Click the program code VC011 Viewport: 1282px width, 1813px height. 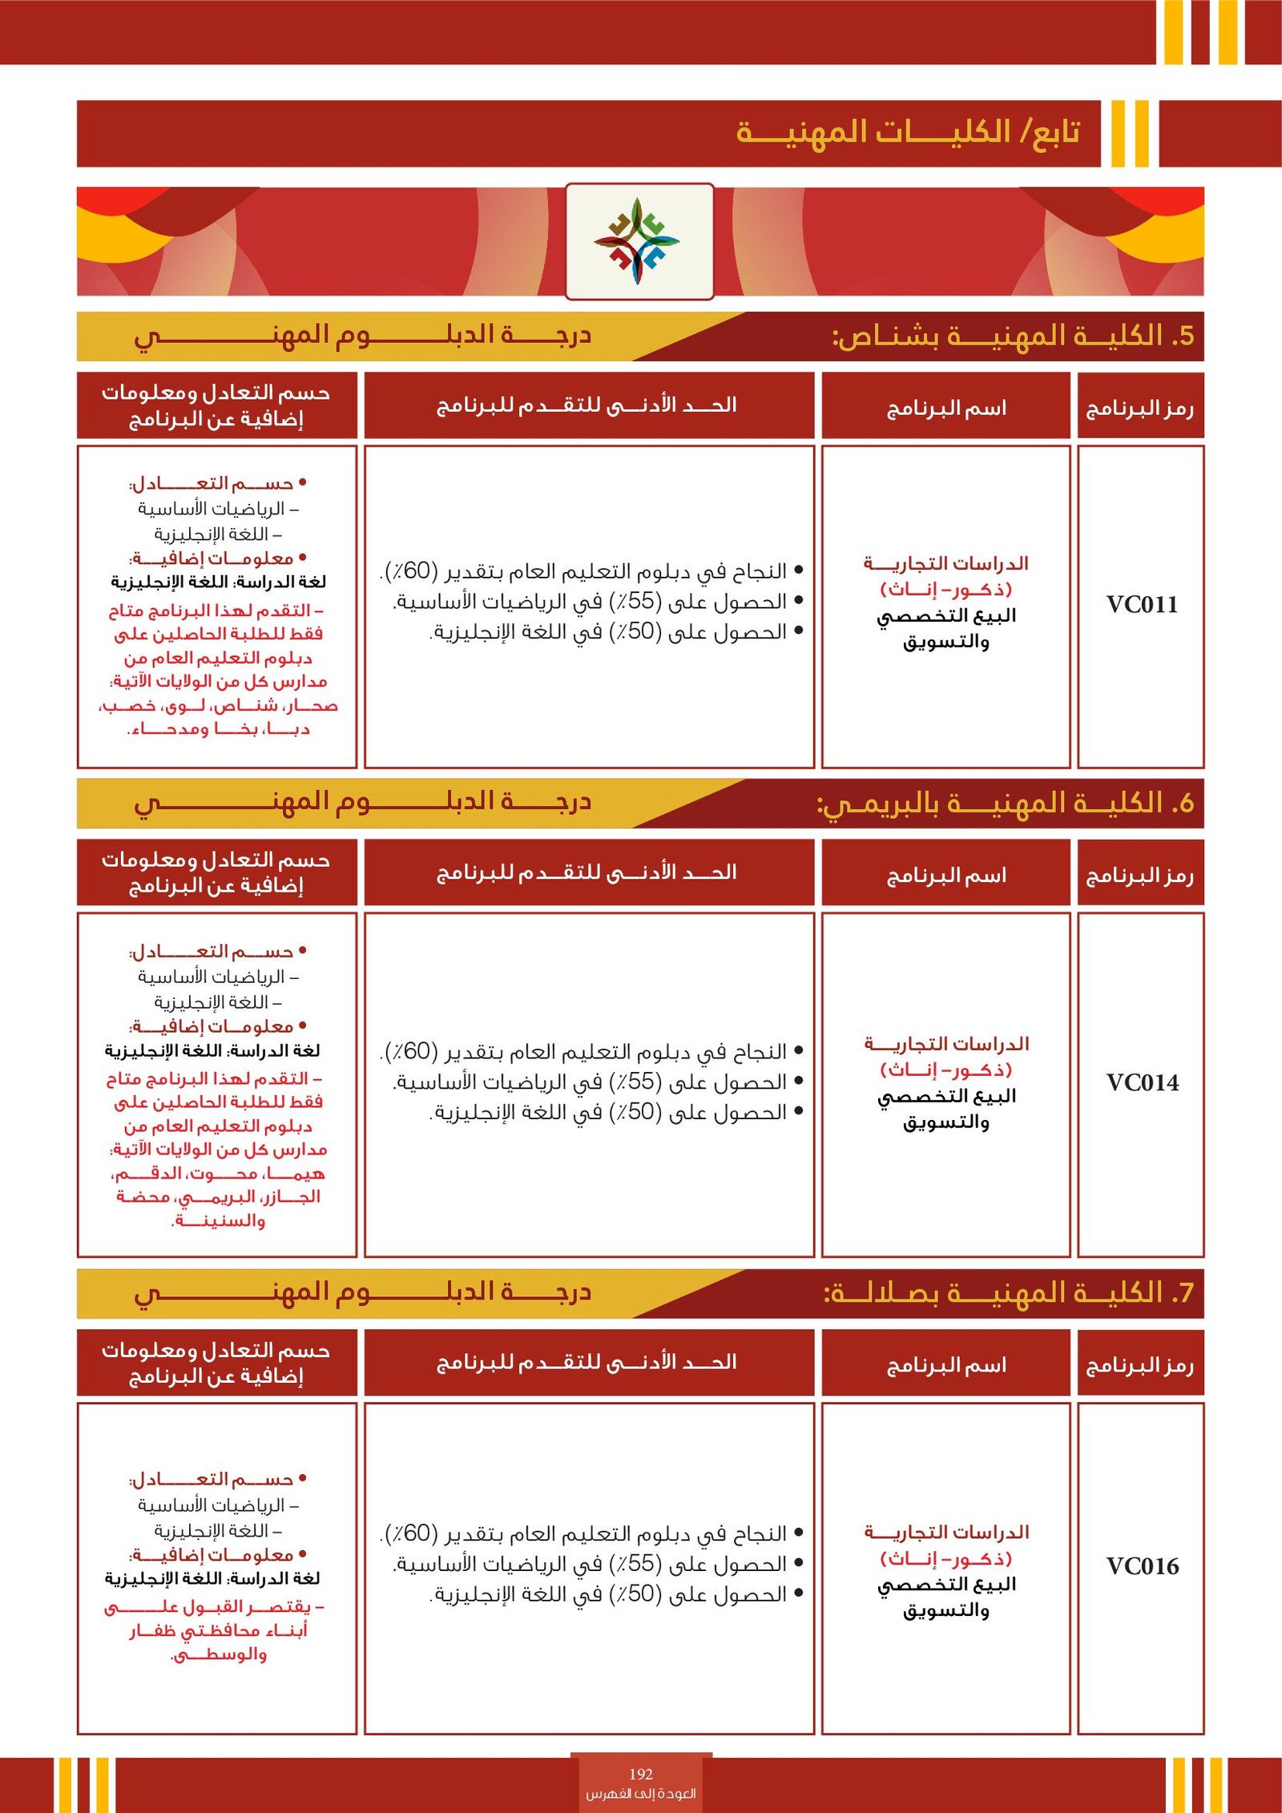pyautogui.click(x=1142, y=605)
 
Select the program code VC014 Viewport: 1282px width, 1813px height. pyautogui.click(x=1142, y=1083)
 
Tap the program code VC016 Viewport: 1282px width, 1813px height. pyautogui.click(x=1142, y=1566)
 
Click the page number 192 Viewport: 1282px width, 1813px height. pyautogui.click(x=641, y=1775)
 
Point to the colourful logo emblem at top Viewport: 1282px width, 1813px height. pyautogui.click(x=638, y=241)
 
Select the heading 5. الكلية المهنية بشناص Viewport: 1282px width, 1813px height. pyautogui.click(x=1013, y=336)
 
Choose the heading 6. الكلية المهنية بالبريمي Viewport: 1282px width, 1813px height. pyautogui.click(x=1005, y=804)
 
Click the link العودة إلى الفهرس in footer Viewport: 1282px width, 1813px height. pyautogui.click(x=641, y=1794)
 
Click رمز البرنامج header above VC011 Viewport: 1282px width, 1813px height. pyautogui.click(x=1139, y=409)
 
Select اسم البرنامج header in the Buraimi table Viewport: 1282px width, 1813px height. pyautogui.click(x=945, y=876)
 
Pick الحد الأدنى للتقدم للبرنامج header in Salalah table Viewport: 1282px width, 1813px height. pyautogui.click(x=587, y=1363)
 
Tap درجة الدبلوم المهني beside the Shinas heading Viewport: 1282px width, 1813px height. pyautogui.click(x=362, y=335)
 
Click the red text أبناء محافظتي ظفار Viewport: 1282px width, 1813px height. pyautogui.click(x=219, y=1630)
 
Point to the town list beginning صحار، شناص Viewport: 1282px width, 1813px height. pyautogui.click(x=218, y=706)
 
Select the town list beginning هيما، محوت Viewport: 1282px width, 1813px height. pyautogui.click(x=218, y=1174)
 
